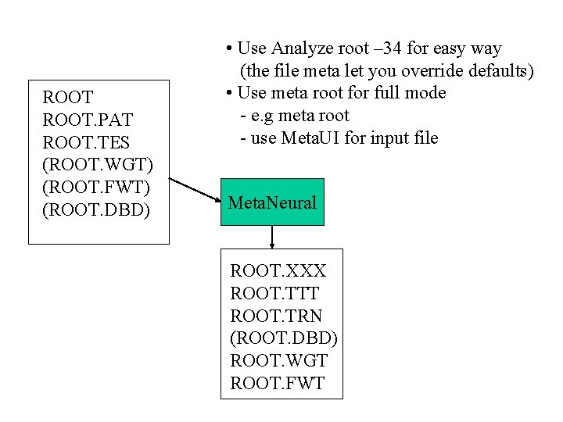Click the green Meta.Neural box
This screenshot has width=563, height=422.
[x=272, y=203]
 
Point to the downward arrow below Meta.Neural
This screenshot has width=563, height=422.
[x=272, y=238]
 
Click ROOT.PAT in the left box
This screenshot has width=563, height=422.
[x=88, y=120]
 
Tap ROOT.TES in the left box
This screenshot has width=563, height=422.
[x=86, y=143]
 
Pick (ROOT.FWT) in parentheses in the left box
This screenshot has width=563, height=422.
[x=95, y=188]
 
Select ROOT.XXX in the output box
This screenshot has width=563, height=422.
[x=278, y=271]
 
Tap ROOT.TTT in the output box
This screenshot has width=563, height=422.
[x=274, y=294]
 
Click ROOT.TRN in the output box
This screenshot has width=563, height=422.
[x=276, y=316]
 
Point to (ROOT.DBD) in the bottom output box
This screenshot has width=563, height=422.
[x=284, y=338]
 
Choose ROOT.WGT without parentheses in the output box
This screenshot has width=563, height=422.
[x=278, y=361]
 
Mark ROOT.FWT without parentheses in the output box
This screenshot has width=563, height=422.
[x=277, y=384]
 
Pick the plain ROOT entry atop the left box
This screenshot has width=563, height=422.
[x=68, y=98]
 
